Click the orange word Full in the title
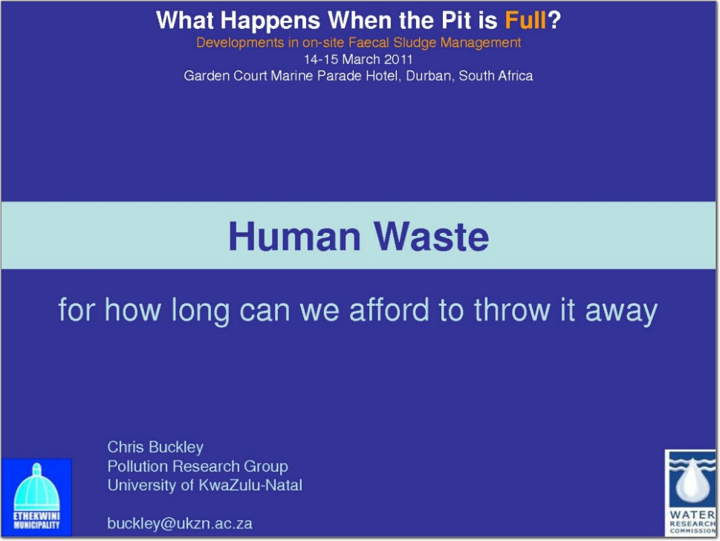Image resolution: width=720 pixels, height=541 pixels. (525, 20)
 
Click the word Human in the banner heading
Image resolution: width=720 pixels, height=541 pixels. (294, 237)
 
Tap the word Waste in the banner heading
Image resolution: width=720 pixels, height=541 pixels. (431, 237)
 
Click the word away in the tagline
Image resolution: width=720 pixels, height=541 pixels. (621, 312)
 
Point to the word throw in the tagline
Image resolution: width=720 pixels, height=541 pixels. (512, 310)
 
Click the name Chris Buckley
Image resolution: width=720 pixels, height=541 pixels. (155, 447)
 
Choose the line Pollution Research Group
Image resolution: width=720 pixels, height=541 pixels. (198, 466)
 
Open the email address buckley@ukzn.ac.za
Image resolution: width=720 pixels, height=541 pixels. (180, 524)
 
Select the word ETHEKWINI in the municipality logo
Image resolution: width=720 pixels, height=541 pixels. (36, 516)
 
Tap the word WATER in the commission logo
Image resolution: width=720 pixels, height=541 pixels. (692, 515)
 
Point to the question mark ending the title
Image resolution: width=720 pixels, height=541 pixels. (554, 20)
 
